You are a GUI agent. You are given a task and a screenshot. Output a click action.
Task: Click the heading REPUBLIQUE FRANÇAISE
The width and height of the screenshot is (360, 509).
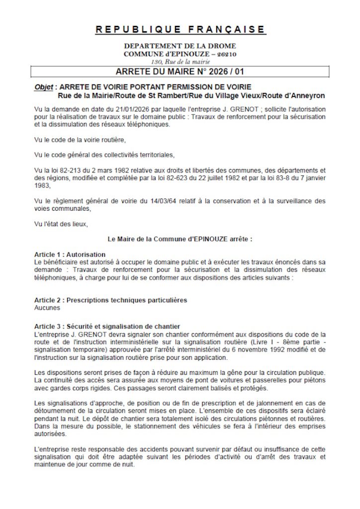[180, 29]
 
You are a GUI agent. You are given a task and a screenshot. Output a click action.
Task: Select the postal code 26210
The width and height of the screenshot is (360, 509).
[226, 54]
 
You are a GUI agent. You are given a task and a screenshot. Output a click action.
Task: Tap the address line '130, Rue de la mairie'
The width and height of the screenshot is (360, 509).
[180, 62]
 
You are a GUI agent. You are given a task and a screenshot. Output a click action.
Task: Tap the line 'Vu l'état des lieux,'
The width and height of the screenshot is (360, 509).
[61, 224]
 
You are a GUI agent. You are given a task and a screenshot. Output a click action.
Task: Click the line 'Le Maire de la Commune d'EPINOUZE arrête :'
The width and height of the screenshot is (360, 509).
[180, 239]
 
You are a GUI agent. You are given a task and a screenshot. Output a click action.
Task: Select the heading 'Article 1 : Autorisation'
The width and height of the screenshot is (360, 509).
[70, 254]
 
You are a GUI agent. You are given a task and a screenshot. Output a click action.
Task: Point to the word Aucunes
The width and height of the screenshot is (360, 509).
[47, 308]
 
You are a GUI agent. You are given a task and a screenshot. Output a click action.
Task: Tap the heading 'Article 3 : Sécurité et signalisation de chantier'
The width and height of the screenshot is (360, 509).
[107, 327]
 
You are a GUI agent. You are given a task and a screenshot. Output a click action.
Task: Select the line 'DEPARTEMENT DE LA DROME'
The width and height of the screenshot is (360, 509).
[180, 46]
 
